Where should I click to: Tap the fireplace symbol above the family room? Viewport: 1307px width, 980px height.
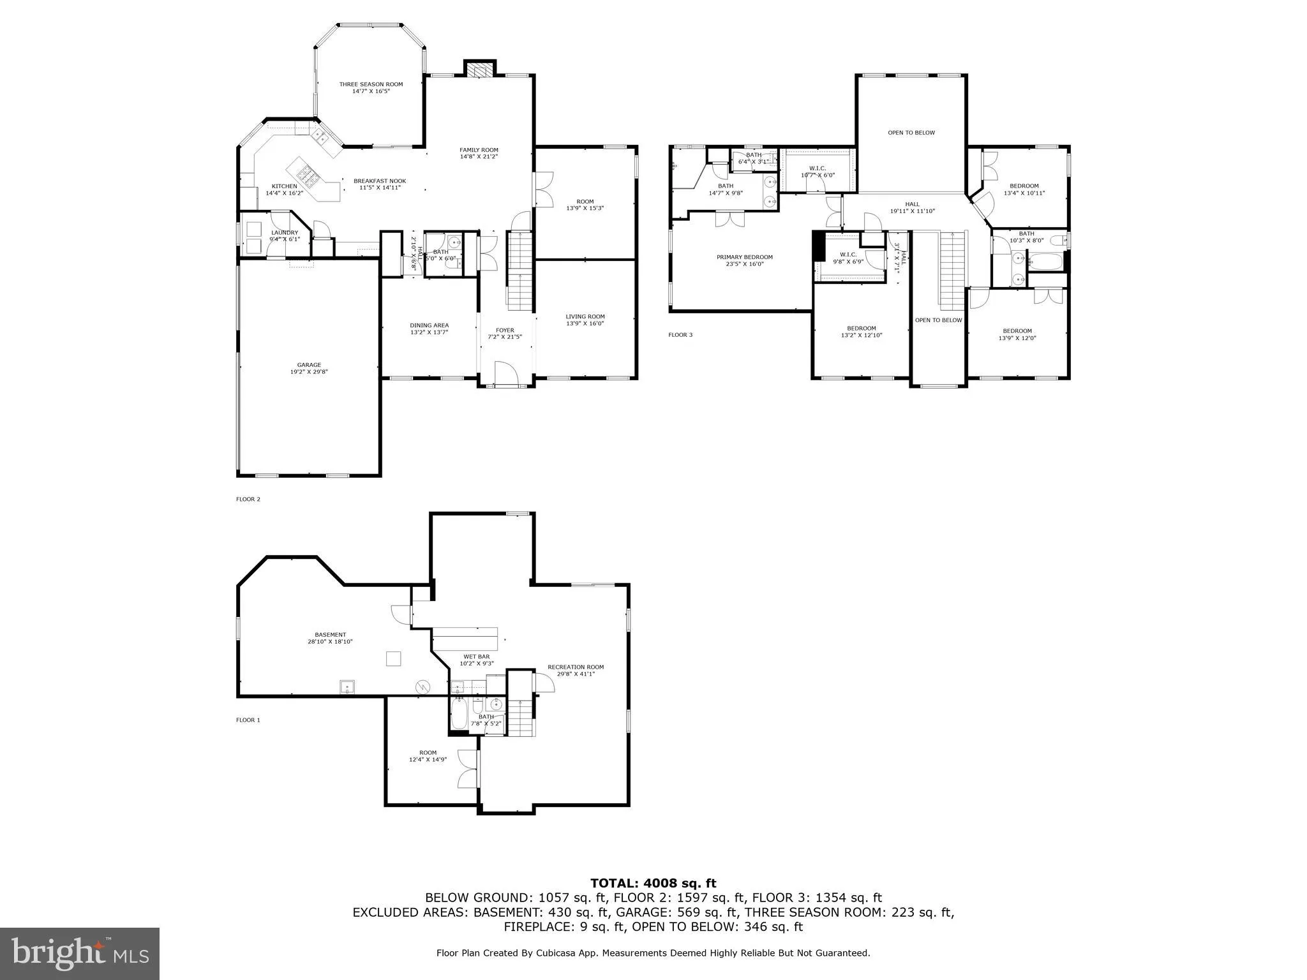point(479,69)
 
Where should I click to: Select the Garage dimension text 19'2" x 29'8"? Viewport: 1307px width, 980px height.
point(309,371)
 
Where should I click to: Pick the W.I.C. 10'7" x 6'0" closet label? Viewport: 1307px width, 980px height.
point(817,172)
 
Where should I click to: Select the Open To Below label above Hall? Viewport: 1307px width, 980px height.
point(911,133)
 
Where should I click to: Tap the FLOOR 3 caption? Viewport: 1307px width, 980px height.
point(680,335)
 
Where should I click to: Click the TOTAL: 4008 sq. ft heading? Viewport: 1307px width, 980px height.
point(653,883)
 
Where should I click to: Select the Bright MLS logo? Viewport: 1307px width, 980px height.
point(79,953)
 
